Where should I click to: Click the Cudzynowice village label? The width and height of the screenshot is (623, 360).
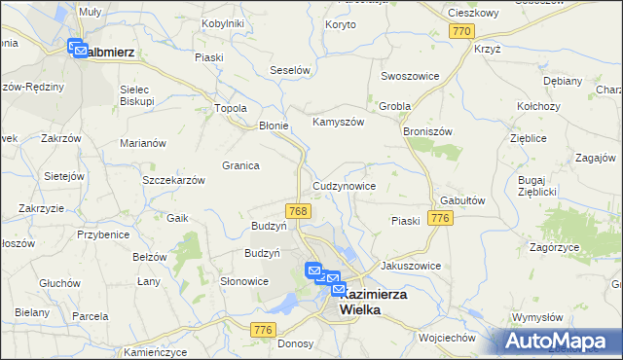tap(344, 185)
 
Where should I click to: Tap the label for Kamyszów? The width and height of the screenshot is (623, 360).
tap(337, 122)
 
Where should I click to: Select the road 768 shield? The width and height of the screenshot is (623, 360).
tap(299, 211)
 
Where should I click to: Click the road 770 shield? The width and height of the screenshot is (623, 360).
tap(461, 32)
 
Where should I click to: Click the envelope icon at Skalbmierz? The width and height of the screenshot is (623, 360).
tap(77, 47)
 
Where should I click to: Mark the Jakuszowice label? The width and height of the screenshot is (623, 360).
tap(411, 266)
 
